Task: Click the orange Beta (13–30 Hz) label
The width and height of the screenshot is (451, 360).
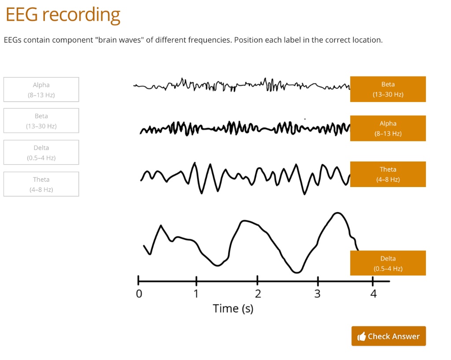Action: [x=388, y=89]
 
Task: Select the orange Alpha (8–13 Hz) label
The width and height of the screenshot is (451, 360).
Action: [x=388, y=128]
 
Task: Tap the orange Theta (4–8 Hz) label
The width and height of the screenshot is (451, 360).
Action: [x=388, y=174]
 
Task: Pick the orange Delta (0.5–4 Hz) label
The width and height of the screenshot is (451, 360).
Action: [x=388, y=263]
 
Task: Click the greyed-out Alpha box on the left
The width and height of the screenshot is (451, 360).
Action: [x=41, y=89]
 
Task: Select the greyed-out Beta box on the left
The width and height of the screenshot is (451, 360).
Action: [x=41, y=121]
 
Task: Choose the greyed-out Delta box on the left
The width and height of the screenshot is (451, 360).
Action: [x=41, y=152]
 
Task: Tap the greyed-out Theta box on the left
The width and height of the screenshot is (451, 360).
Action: [x=41, y=184]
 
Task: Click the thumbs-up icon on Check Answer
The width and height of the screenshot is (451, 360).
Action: [x=362, y=337]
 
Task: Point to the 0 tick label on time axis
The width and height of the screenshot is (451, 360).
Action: [x=139, y=294]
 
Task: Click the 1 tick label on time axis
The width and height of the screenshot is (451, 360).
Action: [x=196, y=294]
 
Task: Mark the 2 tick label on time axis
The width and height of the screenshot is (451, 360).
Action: [x=258, y=294]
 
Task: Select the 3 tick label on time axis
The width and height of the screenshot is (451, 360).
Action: [x=318, y=294]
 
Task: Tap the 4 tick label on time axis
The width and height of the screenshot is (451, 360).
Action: [x=373, y=294]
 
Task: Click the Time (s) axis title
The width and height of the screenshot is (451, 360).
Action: [x=233, y=309]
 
